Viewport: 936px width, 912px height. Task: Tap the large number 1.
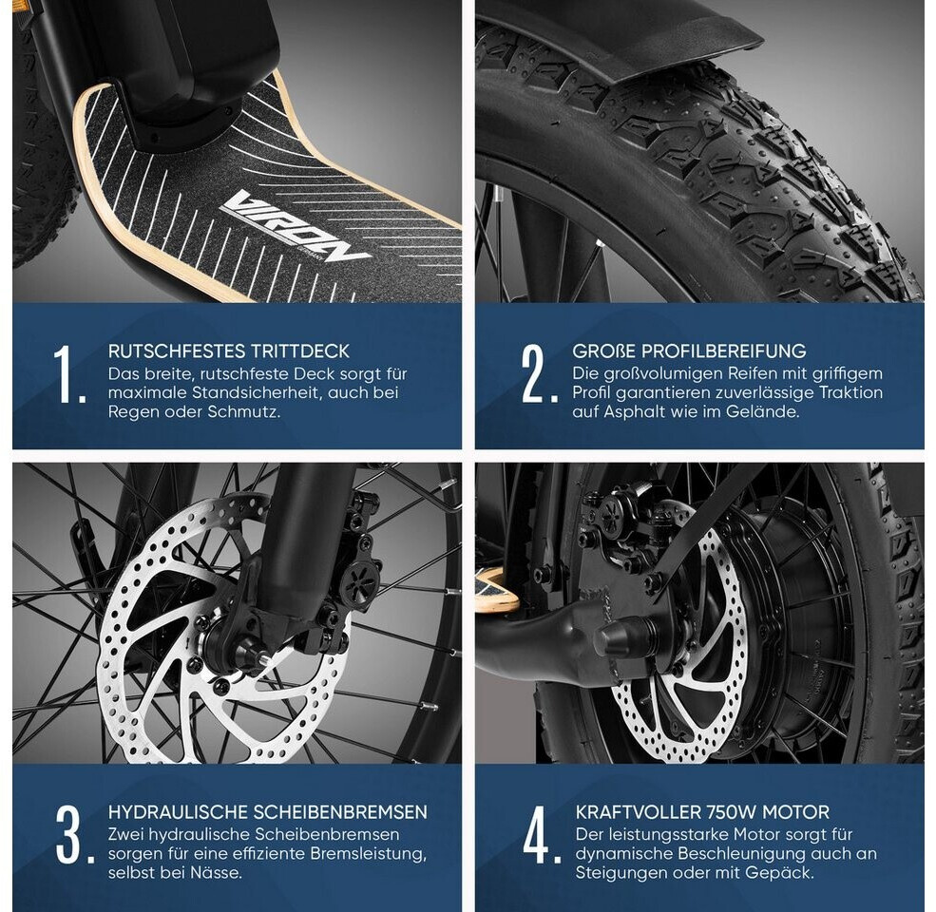[x=67, y=374]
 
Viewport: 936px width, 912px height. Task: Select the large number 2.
[x=539, y=374]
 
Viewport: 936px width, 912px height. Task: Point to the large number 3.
[x=74, y=835]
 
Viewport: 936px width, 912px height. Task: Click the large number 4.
[x=542, y=835]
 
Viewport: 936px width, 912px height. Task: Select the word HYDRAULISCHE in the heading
[x=178, y=811]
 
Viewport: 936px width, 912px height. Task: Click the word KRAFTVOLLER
[x=638, y=811]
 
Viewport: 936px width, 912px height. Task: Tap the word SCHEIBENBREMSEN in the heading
[x=340, y=811]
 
